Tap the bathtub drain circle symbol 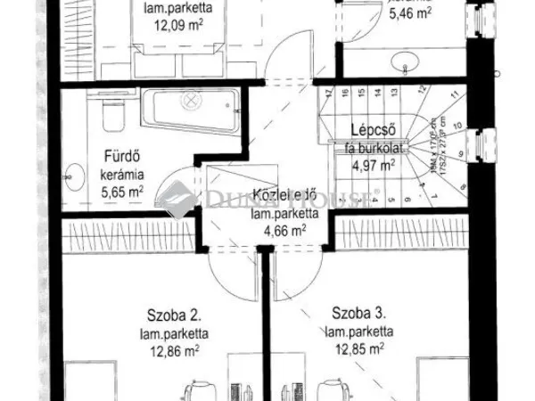point(191,102)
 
